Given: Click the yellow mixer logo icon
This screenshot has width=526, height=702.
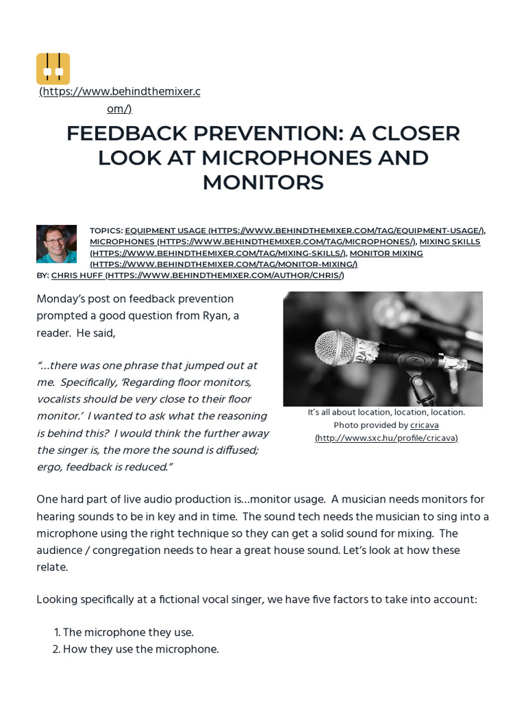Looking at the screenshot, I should [x=53, y=69].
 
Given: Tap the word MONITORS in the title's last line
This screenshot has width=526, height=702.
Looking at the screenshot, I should [x=262, y=182].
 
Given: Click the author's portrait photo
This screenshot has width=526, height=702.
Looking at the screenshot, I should [x=56, y=243].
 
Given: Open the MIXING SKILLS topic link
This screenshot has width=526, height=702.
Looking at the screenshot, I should [x=450, y=242].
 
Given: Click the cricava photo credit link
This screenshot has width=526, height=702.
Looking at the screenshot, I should [x=425, y=425].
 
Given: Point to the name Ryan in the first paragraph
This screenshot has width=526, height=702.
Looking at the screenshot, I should [x=209, y=315].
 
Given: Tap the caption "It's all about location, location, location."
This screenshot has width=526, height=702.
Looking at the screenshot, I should [x=386, y=412].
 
